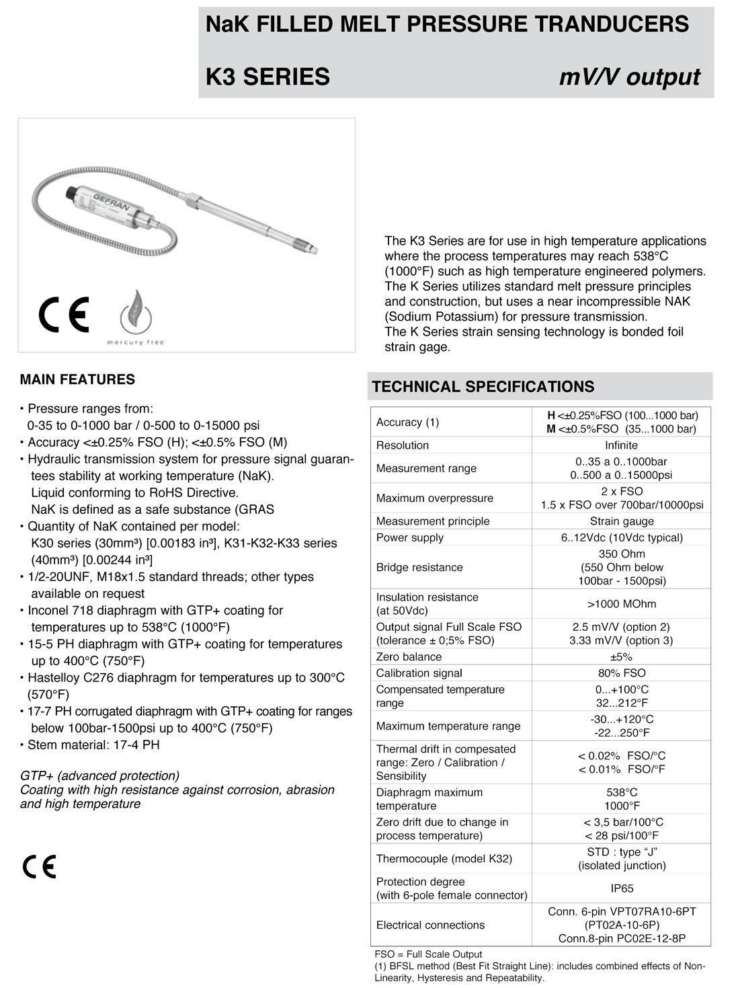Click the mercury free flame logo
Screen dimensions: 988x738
click(x=136, y=314)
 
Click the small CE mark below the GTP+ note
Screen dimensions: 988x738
click(x=40, y=867)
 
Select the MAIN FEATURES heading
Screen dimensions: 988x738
click(x=77, y=379)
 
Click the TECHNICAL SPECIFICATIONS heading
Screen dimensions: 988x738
click(x=483, y=387)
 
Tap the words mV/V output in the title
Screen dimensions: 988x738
click(x=629, y=77)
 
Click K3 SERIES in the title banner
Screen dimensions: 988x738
click(x=268, y=77)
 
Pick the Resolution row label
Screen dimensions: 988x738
click(x=403, y=445)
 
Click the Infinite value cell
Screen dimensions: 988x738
click(x=621, y=445)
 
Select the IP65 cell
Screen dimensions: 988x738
click(x=622, y=888)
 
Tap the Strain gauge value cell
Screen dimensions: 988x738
click(x=622, y=521)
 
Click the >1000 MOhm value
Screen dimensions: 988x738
click(x=622, y=604)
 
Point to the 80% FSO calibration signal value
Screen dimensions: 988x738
click(x=622, y=673)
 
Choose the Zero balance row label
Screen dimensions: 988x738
click(x=409, y=657)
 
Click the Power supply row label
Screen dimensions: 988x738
click(x=410, y=537)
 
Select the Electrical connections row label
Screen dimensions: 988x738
click(x=430, y=925)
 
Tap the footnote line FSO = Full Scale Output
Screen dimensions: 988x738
click(x=428, y=954)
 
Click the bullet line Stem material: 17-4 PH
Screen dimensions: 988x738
click(x=93, y=745)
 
